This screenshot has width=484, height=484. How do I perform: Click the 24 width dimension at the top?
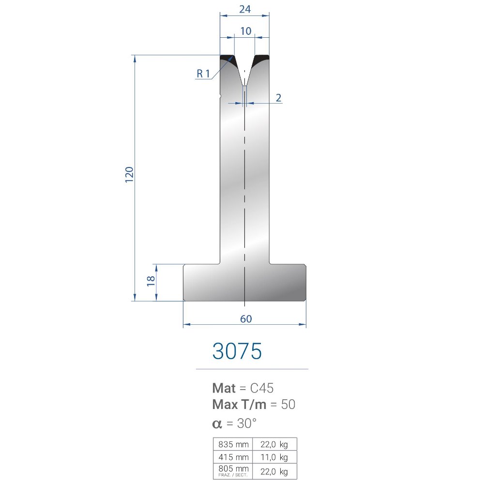245,9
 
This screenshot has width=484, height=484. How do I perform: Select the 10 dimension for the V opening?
246,31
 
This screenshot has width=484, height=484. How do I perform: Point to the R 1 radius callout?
203,74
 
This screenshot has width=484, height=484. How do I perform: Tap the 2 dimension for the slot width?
278,98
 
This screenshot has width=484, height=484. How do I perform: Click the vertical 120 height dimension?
129,174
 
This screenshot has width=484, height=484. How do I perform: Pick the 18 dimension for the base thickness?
151,281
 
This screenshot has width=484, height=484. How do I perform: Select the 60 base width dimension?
246,318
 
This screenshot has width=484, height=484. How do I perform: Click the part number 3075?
237,351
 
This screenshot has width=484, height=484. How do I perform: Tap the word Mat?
224,388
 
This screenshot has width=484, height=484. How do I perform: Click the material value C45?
262,388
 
